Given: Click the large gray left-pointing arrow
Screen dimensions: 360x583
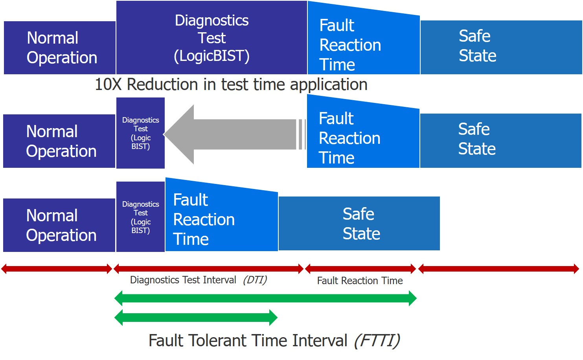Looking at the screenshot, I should click(232, 134).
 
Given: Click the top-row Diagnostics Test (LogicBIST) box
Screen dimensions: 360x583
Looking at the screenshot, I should click(211, 38).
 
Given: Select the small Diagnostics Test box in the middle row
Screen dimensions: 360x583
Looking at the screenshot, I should click(140, 133).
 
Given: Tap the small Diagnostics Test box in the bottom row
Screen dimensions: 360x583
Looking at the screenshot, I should click(140, 217).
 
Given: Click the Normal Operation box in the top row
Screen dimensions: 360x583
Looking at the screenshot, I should click(60, 48).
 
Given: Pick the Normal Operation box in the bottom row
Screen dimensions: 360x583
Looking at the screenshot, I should click(59, 225).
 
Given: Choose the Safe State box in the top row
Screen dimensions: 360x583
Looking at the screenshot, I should click(501, 47).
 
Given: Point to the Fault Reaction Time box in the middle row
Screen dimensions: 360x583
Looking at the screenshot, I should click(362, 138).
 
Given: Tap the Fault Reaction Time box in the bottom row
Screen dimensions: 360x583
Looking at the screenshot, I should click(221, 219).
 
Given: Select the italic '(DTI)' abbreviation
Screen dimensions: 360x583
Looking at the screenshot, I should click(255, 280).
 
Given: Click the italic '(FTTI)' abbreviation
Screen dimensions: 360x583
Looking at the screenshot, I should click(377, 340).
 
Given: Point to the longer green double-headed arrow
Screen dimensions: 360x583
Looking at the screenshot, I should click(265, 298).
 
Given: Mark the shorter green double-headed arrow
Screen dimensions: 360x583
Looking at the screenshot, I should click(196, 318).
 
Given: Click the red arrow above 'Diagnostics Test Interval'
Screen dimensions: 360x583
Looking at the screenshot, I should click(208, 269).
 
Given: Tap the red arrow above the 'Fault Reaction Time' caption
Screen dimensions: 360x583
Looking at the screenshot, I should click(360, 269).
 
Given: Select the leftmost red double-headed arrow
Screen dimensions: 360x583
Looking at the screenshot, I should click(57, 269).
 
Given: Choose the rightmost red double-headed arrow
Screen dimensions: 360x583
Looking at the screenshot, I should click(498, 269).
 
